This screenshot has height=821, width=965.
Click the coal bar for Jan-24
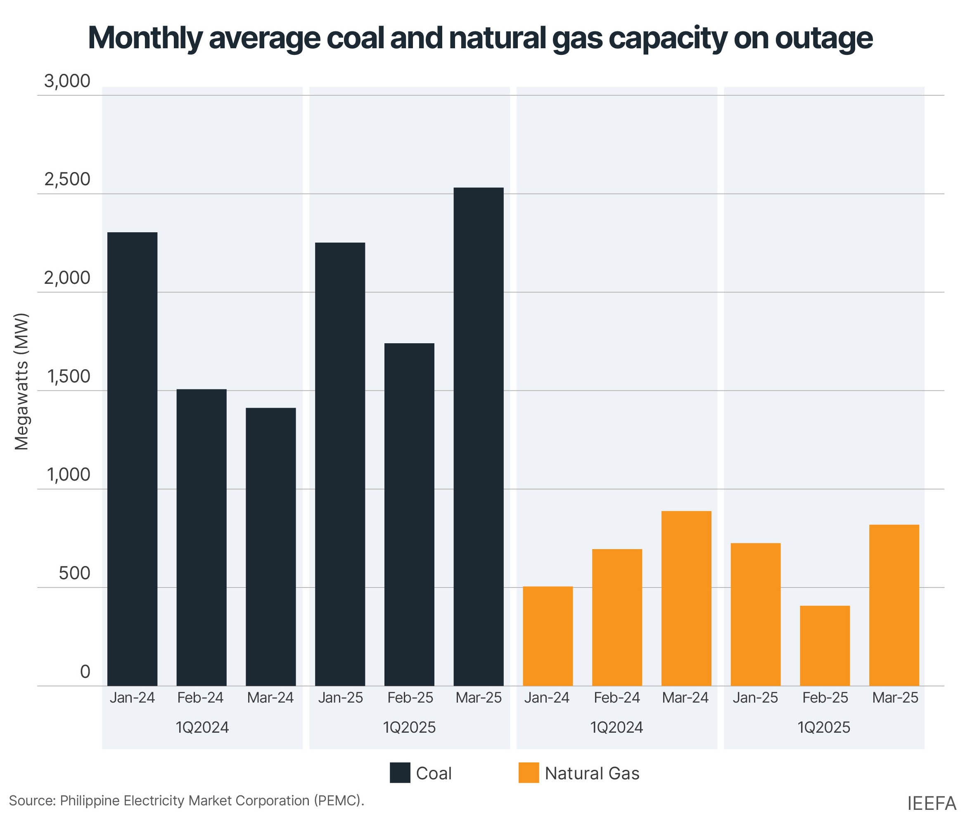(x=132, y=458)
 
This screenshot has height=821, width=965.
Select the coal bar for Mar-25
(x=478, y=436)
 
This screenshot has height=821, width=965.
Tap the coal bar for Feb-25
(x=409, y=514)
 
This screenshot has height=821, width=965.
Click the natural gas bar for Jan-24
(x=548, y=636)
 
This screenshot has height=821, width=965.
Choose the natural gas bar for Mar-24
(x=686, y=598)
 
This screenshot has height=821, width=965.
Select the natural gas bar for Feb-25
(x=825, y=646)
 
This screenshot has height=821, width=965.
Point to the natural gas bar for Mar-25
(x=894, y=605)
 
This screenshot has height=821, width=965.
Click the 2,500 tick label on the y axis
(x=67, y=179)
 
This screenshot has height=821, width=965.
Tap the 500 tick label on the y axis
(x=74, y=573)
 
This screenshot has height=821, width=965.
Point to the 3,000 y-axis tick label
(x=67, y=81)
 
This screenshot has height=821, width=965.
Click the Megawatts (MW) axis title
(x=21, y=382)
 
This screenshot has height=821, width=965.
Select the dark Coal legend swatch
(x=400, y=773)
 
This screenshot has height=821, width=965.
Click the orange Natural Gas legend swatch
(x=529, y=773)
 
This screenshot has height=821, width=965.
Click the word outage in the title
(x=823, y=38)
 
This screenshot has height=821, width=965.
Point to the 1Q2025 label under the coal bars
(x=409, y=727)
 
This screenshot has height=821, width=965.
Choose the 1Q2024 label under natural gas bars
(x=616, y=727)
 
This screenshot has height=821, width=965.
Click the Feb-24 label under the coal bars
(x=200, y=698)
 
